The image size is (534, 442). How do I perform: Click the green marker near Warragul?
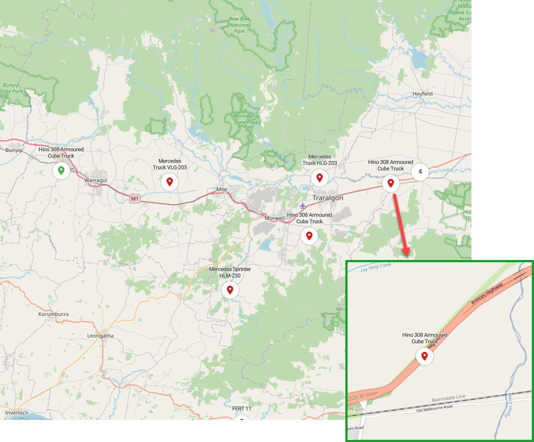[x=61, y=171]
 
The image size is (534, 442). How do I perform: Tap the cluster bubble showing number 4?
[x=420, y=172]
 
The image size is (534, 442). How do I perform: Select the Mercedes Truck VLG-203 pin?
[x=170, y=182]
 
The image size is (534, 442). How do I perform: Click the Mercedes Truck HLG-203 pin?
[x=320, y=178]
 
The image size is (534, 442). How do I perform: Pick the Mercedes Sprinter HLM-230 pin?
[x=230, y=290]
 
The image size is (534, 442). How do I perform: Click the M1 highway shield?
[x=135, y=198]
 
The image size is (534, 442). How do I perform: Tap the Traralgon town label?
[x=328, y=198]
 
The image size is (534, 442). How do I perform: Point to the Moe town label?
[x=222, y=189]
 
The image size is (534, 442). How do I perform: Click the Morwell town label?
[x=275, y=218]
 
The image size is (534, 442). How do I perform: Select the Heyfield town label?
[x=422, y=94]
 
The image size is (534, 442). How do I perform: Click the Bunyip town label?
[x=14, y=150]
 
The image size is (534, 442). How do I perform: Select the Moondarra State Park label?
[x=246, y=119]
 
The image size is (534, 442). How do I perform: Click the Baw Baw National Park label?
[x=239, y=25]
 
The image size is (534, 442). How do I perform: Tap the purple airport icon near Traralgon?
[x=302, y=206]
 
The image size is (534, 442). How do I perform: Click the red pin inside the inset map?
[x=424, y=356]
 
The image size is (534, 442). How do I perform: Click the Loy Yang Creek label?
[x=376, y=268]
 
